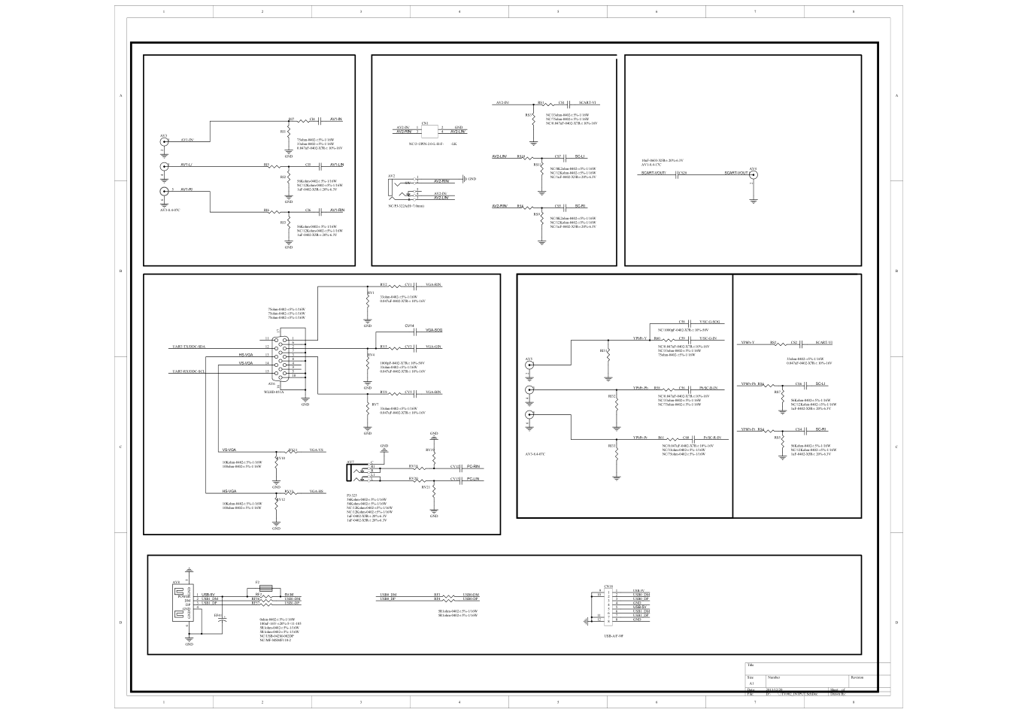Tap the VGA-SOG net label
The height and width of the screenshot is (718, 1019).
(433, 331)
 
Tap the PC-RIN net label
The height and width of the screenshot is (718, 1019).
(473, 467)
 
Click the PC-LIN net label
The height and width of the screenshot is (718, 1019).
(473, 479)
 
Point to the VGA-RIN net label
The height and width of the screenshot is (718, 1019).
(433, 286)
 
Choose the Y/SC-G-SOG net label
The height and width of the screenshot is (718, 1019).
(708, 322)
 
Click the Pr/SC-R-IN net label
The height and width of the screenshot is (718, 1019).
(711, 438)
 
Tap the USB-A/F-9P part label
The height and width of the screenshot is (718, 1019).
(614, 635)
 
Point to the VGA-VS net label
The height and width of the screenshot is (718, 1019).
(317, 450)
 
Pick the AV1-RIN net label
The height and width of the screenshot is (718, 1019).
(335, 211)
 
